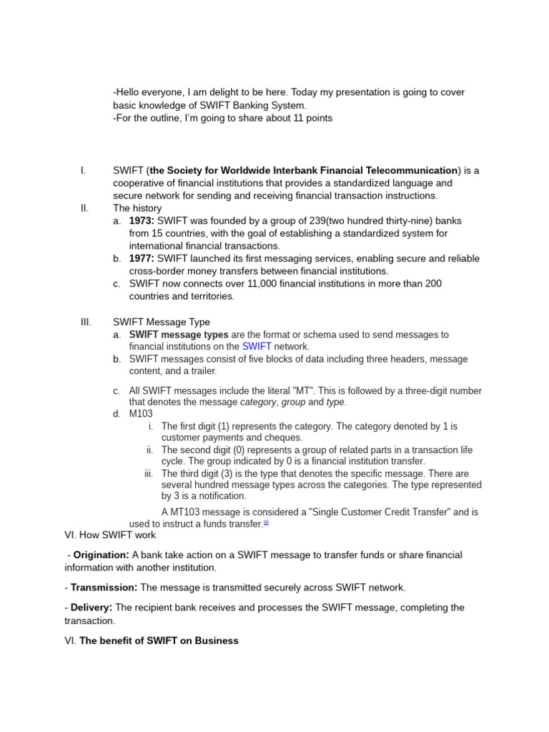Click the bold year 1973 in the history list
[142, 221]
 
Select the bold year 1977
[142, 258]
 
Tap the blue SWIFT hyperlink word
[257, 347]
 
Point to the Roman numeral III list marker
[86, 322]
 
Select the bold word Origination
[101, 555]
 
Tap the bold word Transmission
[104, 588]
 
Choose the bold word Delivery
[91, 608]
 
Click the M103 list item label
[142, 414]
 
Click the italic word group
[293, 402]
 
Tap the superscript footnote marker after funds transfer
[266, 522]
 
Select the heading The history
[137, 208]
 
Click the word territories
[207, 296]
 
